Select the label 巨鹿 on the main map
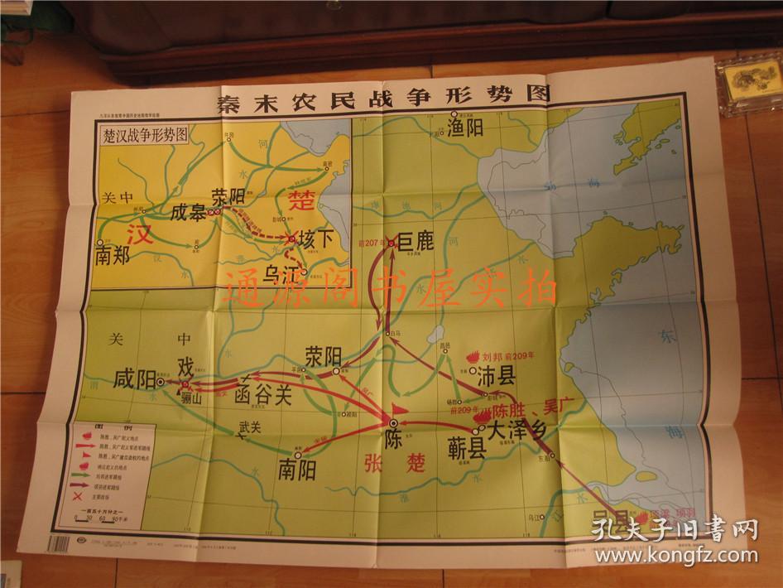pyautogui.click(x=416, y=242)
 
